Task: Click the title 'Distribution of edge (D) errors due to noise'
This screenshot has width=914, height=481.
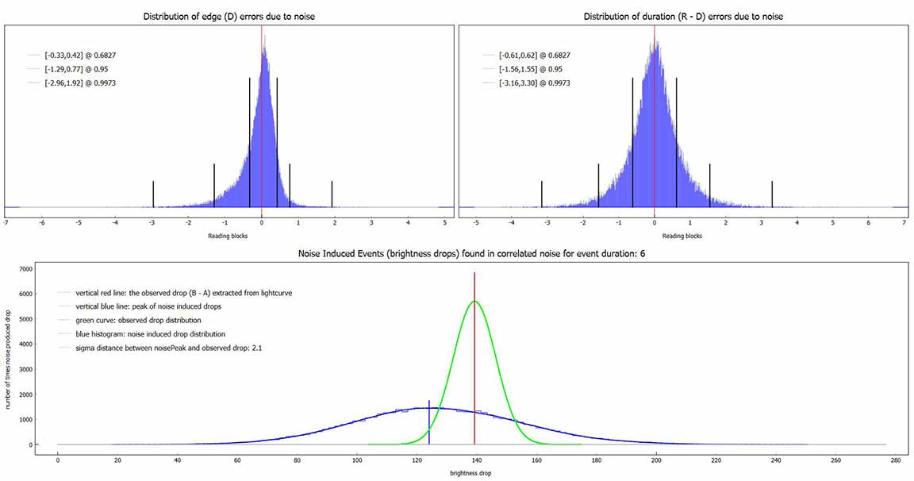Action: tap(228, 16)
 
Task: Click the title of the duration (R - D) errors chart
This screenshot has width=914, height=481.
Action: tap(682, 16)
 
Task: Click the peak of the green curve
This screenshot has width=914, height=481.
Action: tap(474, 302)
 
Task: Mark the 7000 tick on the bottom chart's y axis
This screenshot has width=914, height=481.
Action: tap(25, 269)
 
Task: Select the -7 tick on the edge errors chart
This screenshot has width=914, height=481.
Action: tap(6, 223)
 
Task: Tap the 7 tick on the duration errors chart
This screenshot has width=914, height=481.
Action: tap(904, 223)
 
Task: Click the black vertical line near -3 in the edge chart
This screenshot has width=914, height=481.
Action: tap(153, 194)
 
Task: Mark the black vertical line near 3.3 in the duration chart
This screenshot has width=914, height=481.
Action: tap(772, 194)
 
